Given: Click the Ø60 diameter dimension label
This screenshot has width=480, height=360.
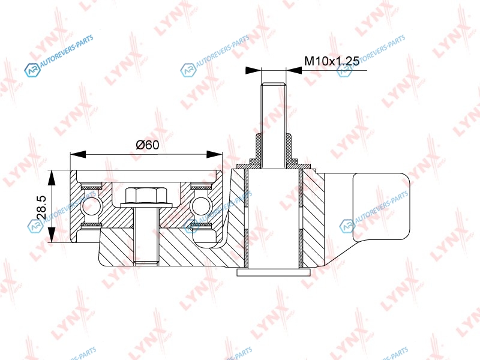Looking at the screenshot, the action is click(x=148, y=145).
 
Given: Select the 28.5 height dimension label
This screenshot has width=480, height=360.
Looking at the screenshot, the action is click(x=41, y=207).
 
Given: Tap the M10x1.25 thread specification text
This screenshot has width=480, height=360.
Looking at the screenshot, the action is click(x=332, y=61).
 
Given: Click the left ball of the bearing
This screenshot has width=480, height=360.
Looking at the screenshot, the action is click(x=92, y=206).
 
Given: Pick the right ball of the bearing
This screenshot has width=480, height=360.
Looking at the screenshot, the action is click(x=200, y=206).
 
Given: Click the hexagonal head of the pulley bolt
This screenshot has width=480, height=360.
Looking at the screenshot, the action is click(x=146, y=195).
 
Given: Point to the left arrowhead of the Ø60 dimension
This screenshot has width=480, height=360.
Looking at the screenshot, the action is click(x=78, y=154).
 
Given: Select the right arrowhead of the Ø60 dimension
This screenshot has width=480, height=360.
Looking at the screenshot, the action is click(x=215, y=154).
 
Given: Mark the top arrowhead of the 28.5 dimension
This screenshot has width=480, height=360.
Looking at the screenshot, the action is click(x=52, y=178).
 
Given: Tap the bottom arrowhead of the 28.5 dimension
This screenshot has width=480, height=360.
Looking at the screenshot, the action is click(x=52, y=235).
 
